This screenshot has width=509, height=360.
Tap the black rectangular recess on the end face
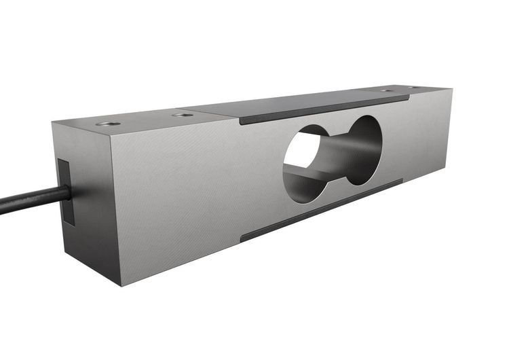(x=65, y=192)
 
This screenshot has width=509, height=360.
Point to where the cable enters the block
(x=69, y=193)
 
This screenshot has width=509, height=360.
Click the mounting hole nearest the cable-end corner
(x=107, y=124)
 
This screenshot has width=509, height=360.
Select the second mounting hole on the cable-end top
(x=182, y=115)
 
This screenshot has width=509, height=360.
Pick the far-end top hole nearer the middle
(x=386, y=90)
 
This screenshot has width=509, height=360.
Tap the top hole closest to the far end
(x=414, y=88)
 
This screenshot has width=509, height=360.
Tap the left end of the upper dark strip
(x=241, y=122)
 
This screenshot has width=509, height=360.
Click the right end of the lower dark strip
(x=401, y=182)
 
